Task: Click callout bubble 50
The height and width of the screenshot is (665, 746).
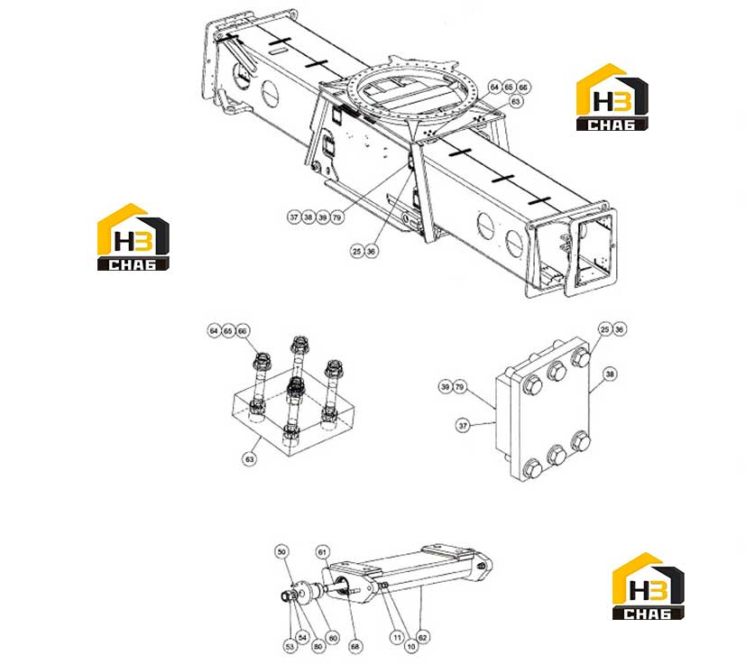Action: [281, 551]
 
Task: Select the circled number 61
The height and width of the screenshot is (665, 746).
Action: [323, 552]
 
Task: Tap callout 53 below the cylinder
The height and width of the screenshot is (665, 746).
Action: [290, 646]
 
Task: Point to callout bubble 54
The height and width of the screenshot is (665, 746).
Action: [302, 637]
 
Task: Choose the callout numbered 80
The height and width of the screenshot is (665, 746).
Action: [318, 646]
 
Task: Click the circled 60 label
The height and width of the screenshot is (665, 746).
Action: [333, 637]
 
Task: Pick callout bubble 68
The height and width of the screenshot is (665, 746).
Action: [355, 646]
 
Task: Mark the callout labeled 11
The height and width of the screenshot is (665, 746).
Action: [397, 637]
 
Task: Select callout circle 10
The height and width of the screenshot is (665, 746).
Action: [411, 646]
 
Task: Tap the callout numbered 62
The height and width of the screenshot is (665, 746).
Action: [423, 637]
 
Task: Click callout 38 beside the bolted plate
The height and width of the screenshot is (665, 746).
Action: [610, 374]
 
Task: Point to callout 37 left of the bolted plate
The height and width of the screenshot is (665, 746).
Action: [463, 425]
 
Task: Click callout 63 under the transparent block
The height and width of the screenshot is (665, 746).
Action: [250, 459]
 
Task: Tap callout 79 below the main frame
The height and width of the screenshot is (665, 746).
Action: [336, 217]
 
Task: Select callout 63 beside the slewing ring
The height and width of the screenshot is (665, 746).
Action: [516, 101]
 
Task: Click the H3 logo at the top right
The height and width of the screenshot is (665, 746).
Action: [612, 97]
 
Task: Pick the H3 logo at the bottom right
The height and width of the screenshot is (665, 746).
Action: [648, 586]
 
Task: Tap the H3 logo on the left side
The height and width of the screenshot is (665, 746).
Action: [134, 237]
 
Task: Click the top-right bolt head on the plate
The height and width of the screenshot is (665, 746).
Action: [581, 357]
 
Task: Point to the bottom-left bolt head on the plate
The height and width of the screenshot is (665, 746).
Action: [532, 468]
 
